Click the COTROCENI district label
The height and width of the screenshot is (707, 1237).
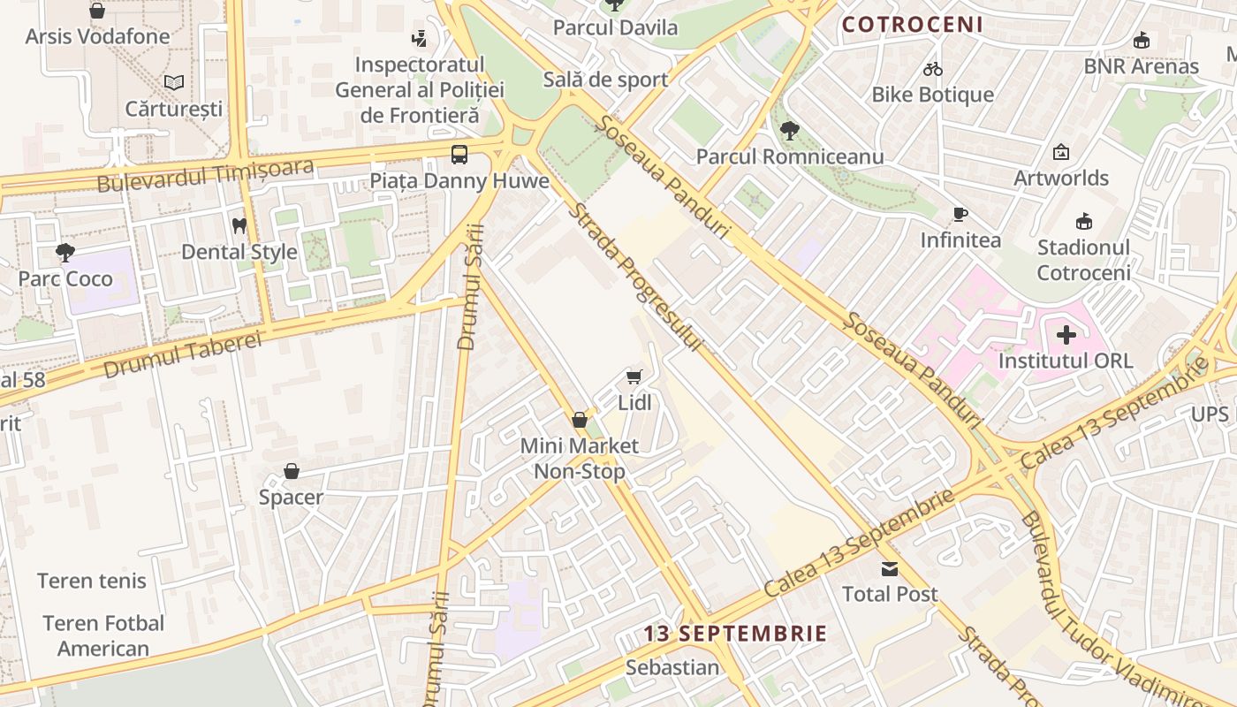[x=912, y=25]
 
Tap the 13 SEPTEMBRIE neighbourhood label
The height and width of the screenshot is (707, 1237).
[x=735, y=634]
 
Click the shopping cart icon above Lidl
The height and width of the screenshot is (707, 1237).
[x=634, y=377]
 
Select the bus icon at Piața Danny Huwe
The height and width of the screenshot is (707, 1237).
[x=459, y=155]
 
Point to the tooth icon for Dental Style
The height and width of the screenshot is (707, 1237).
[x=239, y=226]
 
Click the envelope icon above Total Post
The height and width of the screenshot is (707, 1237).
[x=889, y=568]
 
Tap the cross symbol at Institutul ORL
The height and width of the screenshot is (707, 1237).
[x=1066, y=335]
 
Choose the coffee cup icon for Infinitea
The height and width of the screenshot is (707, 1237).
[x=960, y=214]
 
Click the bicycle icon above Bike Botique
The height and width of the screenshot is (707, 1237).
[x=933, y=68]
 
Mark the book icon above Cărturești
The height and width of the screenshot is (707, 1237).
[x=174, y=82]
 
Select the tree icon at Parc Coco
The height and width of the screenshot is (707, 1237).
[x=65, y=253]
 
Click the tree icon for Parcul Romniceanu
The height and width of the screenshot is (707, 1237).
[x=790, y=131]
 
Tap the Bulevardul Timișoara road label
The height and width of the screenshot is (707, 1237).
[x=205, y=175]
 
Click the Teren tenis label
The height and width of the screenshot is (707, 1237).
[x=92, y=581]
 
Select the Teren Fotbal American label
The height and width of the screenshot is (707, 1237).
[x=103, y=635]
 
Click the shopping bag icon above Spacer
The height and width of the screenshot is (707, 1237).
[x=292, y=471]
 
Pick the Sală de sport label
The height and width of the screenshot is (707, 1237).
[x=605, y=80]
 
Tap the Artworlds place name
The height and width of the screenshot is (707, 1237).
[x=1060, y=178]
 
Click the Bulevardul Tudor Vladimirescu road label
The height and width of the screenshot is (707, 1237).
[x=1109, y=610]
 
